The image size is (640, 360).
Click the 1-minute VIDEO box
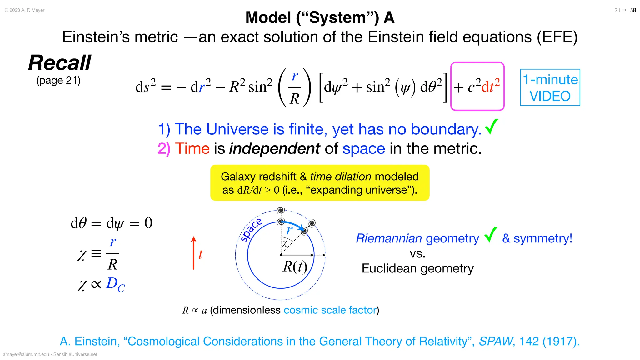pos(550,87)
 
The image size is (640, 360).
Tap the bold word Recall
pos(60,62)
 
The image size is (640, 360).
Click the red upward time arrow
pos(194,253)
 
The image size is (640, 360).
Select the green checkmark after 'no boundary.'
pos(492,127)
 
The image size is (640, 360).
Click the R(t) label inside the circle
pos(295,267)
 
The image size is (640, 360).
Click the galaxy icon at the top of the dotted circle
pos(281,210)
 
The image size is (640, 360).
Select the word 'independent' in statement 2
pos(275,148)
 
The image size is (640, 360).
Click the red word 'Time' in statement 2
pos(192,148)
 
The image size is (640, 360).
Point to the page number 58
pos(633,10)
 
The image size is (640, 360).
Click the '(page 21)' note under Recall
pos(58,80)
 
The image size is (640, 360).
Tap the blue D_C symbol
pos(115,284)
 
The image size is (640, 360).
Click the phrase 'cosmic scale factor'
pos(330,310)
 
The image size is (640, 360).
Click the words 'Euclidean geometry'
pos(417,268)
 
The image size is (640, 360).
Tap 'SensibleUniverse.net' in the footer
pos(75,354)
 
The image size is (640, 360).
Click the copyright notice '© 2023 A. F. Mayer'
pos(25,10)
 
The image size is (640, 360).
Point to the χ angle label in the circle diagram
pos(285,243)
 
